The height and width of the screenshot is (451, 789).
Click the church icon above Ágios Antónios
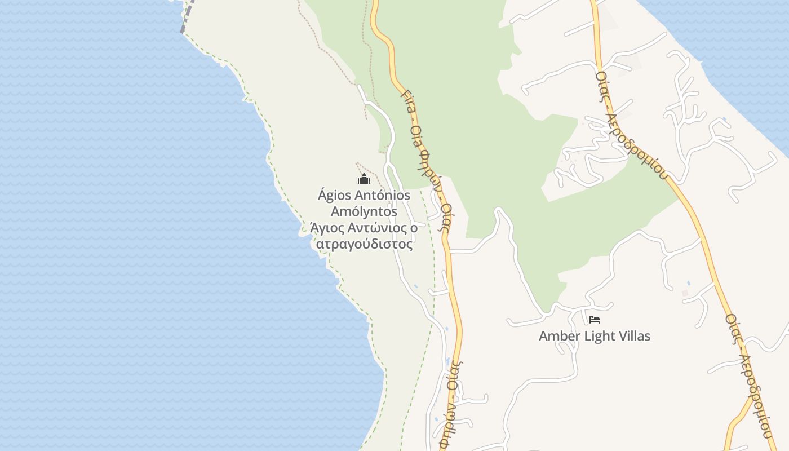coord(364,180)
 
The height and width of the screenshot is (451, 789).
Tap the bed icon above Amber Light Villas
coord(594,320)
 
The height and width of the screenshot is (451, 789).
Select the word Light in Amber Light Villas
coord(596,336)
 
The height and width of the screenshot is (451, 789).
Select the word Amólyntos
coord(364,212)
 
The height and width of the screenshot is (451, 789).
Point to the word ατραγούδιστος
coord(364,245)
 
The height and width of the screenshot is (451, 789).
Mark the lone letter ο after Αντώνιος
coord(414,228)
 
